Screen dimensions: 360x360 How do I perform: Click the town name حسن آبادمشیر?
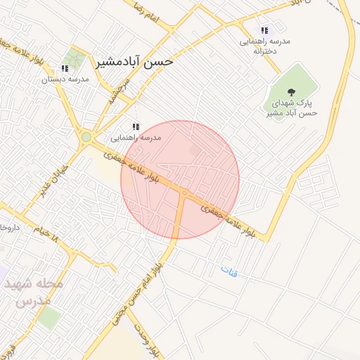click(x=138, y=61)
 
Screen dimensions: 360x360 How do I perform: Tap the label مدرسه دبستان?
click(x=65, y=79)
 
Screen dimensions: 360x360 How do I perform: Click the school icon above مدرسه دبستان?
click(x=65, y=68)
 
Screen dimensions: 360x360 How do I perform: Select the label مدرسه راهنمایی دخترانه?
click(x=265, y=46)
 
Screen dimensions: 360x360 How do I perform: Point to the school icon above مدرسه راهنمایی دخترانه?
click(x=265, y=30)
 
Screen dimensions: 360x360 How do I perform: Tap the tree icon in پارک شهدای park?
click(x=291, y=91)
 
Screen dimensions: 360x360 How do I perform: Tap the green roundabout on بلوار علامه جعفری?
click(x=86, y=137)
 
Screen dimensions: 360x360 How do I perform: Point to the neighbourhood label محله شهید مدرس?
click(x=34, y=292)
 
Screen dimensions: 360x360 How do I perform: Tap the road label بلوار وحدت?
click(x=150, y=345)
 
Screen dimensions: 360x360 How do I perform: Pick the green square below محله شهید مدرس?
click(x=49, y=318)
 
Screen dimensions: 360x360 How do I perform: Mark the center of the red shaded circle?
click(x=180, y=180)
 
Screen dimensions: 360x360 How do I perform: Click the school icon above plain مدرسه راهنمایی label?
click(x=136, y=126)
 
